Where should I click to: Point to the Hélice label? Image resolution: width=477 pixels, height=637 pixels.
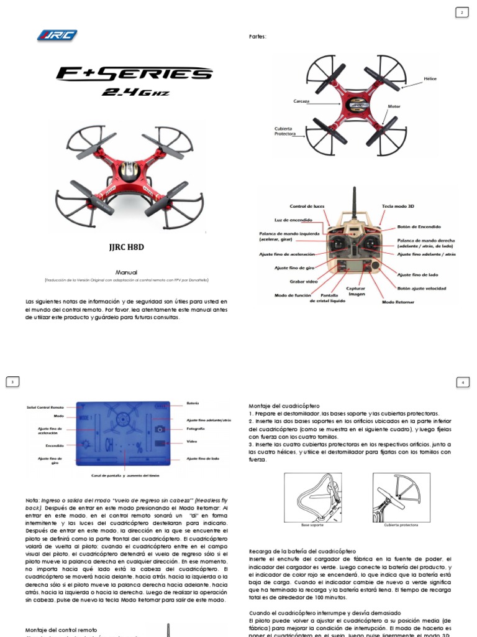tap(430, 80)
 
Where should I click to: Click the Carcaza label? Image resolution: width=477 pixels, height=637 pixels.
tap(302, 100)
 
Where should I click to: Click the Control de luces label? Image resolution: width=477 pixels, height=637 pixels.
tap(307, 207)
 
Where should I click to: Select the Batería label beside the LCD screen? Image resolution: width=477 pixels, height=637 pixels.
tap(193, 403)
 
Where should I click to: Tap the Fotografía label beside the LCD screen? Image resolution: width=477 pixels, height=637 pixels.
tap(196, 429)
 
